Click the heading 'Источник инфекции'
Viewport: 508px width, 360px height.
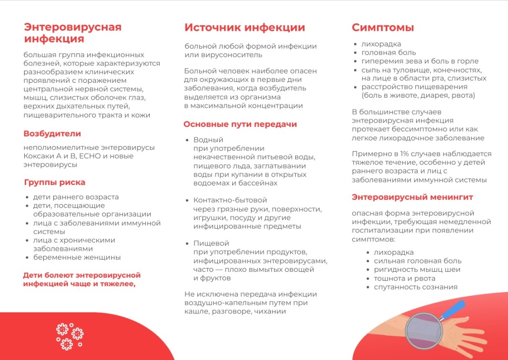(x=245, y=28)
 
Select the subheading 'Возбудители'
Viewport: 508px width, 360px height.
(x=52, y=133)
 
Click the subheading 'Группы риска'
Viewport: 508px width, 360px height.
(x=55, y=182)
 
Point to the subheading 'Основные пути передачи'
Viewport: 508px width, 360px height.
(x=240, y=124)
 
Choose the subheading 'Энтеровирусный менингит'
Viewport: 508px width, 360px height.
(x=412, y=197)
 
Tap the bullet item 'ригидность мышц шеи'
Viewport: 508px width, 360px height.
(x=417, y=269)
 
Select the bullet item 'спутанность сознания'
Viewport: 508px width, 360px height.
(x=415, y=287)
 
